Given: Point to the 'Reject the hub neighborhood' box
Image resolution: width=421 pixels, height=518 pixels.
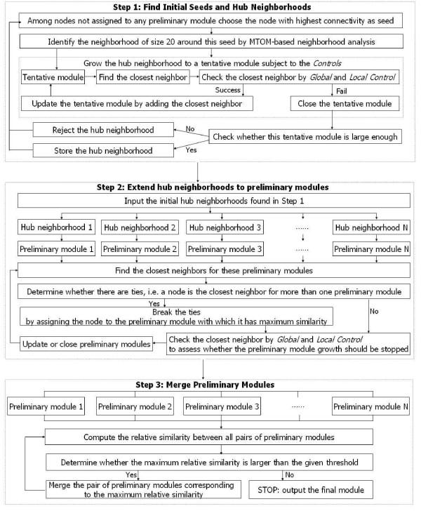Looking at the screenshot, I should (x=104, y=130).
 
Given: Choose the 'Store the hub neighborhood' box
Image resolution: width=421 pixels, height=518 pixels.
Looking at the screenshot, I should (x=104, y=151).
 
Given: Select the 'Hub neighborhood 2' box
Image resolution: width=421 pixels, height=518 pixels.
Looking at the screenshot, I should (x=140, y=228).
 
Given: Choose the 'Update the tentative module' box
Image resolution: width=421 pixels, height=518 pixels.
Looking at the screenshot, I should (x=133, y=102).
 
